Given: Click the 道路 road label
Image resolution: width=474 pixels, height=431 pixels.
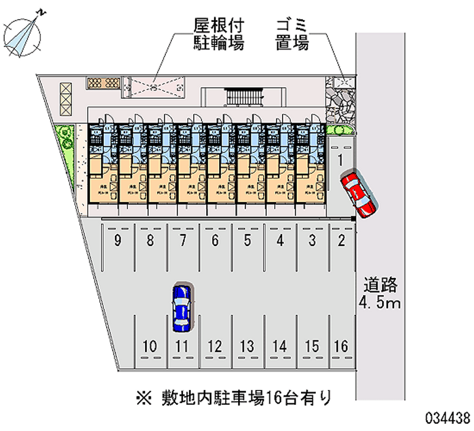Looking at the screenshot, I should point(380,286).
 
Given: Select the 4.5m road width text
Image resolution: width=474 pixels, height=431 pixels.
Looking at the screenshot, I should point(380,304).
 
